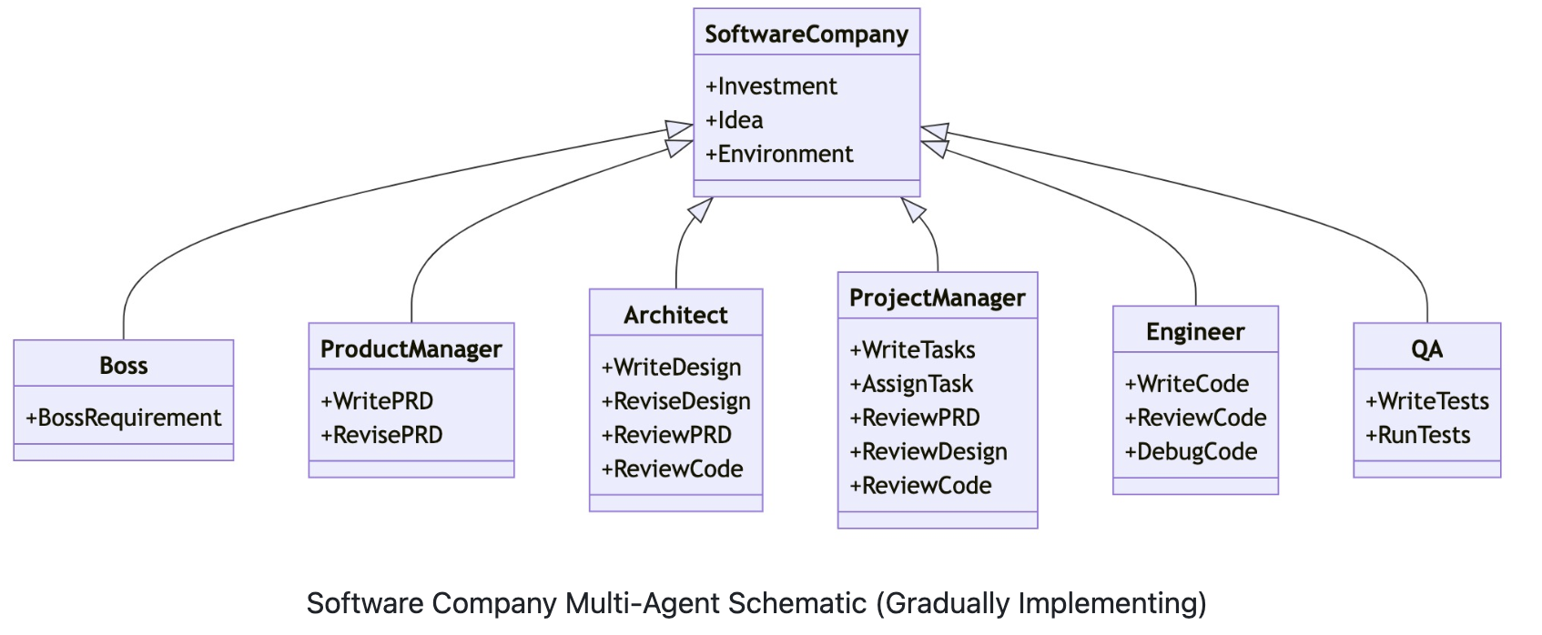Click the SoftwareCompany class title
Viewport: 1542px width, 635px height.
[807, 35]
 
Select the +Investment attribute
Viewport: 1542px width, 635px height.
[771, 86]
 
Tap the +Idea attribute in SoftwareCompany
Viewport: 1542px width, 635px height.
[734, 120]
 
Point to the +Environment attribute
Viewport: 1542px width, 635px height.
[779, 154]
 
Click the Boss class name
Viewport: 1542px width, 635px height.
[124, 366]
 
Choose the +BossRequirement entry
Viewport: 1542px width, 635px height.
[124, 418]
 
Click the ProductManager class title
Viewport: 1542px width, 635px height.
[411, 349]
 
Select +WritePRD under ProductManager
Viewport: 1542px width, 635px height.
[377, 401]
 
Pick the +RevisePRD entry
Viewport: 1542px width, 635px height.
[381, 435]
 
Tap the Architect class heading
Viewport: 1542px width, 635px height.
[675, 316]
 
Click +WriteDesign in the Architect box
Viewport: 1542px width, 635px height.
[671, 368]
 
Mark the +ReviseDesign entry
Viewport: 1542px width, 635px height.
[675, 401]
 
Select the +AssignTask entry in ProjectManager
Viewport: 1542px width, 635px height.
[911, 384]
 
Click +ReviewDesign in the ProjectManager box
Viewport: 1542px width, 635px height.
[928, 451]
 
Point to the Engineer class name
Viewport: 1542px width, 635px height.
[1195, 332]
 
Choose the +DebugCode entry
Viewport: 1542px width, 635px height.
[1191, 451]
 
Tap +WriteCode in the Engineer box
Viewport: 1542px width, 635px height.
[1186, 384]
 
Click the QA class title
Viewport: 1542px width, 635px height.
[1426, 349]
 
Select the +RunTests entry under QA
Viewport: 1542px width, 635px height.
[1417, 435]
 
